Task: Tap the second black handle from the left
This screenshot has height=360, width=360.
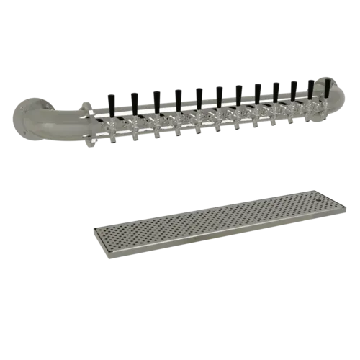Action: pos(133,100)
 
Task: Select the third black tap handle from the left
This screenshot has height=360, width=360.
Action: pos(156,98)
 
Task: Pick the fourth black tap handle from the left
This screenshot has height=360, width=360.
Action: pos(178,97)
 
